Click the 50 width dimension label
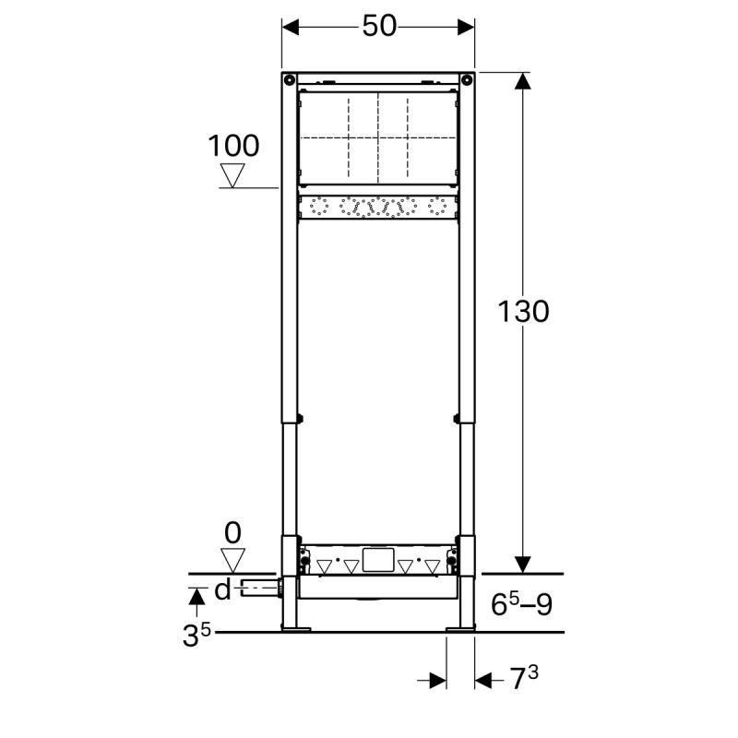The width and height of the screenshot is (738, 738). pos(378,27)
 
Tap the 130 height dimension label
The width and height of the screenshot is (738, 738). pos(523,312)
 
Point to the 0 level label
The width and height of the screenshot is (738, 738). pos(232,532)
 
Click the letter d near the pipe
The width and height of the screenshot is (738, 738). pos(222,589)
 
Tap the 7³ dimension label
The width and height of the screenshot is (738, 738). pos(524,680)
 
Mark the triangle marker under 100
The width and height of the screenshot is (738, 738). pos(232,175)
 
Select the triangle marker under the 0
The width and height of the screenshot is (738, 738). pos(232,559)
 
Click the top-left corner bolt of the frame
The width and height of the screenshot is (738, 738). pos(289,78)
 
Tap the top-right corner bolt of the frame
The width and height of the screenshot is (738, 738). pos(467,78)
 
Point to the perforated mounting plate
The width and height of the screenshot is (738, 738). pos(378,208)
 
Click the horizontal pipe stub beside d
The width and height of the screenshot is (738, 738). pos(258,588)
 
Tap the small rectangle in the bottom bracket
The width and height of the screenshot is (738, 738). pos(378,558)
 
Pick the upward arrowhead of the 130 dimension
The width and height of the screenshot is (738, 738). pos(523,81)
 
